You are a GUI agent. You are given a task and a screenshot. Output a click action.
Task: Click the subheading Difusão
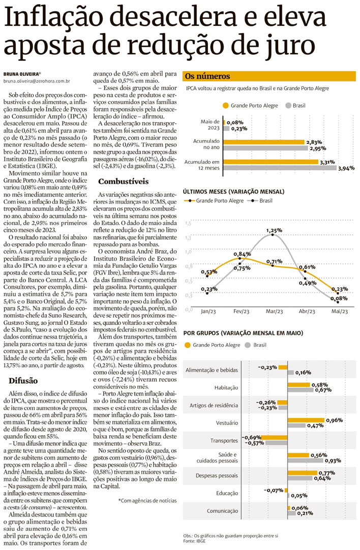pyautogui.click(x=24, y=381)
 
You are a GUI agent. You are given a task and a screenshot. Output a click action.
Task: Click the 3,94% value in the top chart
pyautogui.click(x=345, y=167)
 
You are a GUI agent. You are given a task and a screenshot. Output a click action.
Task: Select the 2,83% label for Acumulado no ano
pyautogui.click(x=313, y=143)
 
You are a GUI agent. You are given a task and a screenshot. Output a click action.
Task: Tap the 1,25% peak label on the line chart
pyautogui.click(x=274, y=230)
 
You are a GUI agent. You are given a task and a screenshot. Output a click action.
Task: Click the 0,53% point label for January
pyautogui.click(x=209, y=272)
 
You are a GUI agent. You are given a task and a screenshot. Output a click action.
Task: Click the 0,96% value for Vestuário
pyautogui.click(x=334, y=420)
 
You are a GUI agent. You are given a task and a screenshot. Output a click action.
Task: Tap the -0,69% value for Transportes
pyautogui.click(x=251, y=437)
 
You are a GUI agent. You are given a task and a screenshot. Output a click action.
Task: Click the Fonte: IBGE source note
pyautogui.click(x=195, y=542)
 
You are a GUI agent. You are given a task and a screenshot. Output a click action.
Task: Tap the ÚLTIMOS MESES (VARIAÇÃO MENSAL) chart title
pyautogui.click(x=233, y=192)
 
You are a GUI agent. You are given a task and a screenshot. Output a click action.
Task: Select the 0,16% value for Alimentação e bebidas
pyautogui.click(x=304, y=373)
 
